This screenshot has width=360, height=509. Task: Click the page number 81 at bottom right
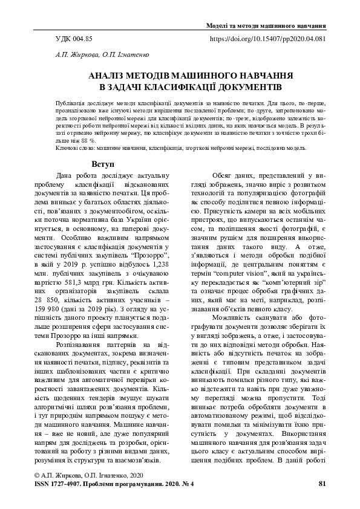pos(322,484)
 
